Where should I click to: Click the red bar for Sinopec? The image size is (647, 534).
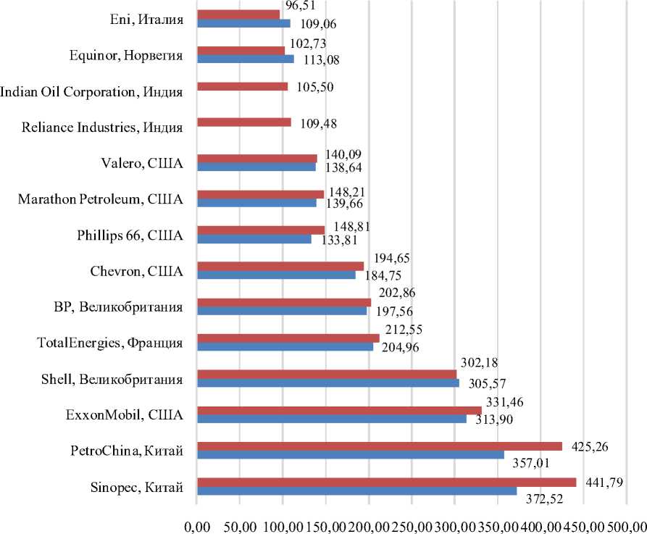click(x=386, y=483)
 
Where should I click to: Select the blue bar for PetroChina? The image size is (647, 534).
click(x=351, y=455)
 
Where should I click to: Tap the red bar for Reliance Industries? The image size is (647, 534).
click(x=244, y=122)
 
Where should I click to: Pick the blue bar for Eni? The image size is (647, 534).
click(x=243, y=23)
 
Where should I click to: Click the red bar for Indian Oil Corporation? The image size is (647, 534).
click(x=243, y=87)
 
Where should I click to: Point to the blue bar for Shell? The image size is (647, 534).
click(x=328, y=383)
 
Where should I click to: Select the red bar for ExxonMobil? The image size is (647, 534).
click(x=339, y=411)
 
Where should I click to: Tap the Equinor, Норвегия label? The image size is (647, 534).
click(x=126, y=55)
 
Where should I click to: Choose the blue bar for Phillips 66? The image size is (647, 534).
click(x=254, y=239)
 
